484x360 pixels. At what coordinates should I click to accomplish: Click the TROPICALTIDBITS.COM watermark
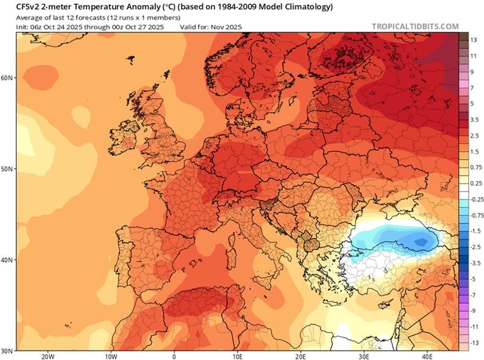[x=415, y=26]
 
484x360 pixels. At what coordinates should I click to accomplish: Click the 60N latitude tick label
[x=7, y=78]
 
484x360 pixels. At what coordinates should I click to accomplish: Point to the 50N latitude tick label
[x=7, y=168]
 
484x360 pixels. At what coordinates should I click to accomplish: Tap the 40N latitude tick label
[x=7, y=260]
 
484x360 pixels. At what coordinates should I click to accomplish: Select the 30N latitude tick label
[x=7, y=350]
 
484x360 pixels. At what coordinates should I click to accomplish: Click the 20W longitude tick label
[x=47, y=355]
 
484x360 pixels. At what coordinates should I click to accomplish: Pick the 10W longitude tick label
[x=111, y=355]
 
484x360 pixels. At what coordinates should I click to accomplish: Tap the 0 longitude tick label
[x=174, y=355]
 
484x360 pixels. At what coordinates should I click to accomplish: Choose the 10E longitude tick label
[x=237, y=355]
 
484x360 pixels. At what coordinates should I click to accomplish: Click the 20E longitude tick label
[x=301, y=355]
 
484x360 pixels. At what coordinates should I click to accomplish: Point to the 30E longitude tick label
[x=364, y=355]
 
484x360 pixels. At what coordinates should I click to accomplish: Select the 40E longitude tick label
[x=428, y=355]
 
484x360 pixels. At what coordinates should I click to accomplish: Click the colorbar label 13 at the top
[x=474, y=40]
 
